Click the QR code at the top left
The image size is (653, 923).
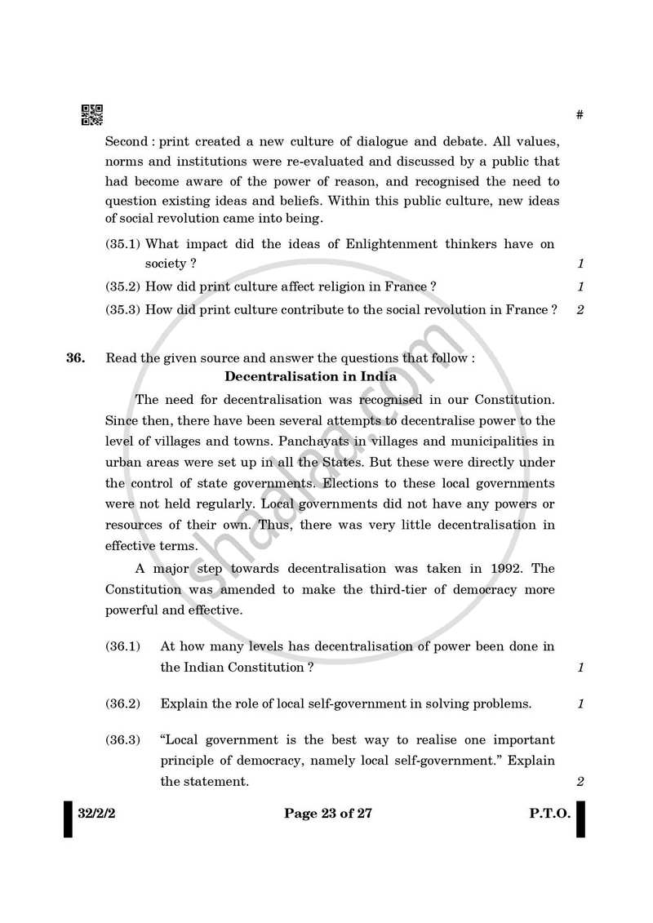[91, 115]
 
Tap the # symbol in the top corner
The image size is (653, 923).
[580, 115]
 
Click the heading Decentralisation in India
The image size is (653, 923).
[310, 376]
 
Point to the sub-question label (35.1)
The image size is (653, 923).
[122, 244]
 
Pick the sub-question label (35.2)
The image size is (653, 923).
[122, 286]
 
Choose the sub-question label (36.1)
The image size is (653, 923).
[122, 646]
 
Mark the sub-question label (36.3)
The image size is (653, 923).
[122, 740]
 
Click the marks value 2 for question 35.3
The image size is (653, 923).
[580, 310]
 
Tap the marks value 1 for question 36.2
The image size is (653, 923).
[580, 703]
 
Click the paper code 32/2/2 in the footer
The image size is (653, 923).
[96, 814]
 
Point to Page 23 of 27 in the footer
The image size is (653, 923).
[327, 814]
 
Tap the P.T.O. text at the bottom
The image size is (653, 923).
[549, 814]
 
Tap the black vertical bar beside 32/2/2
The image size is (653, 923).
[68, 819]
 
